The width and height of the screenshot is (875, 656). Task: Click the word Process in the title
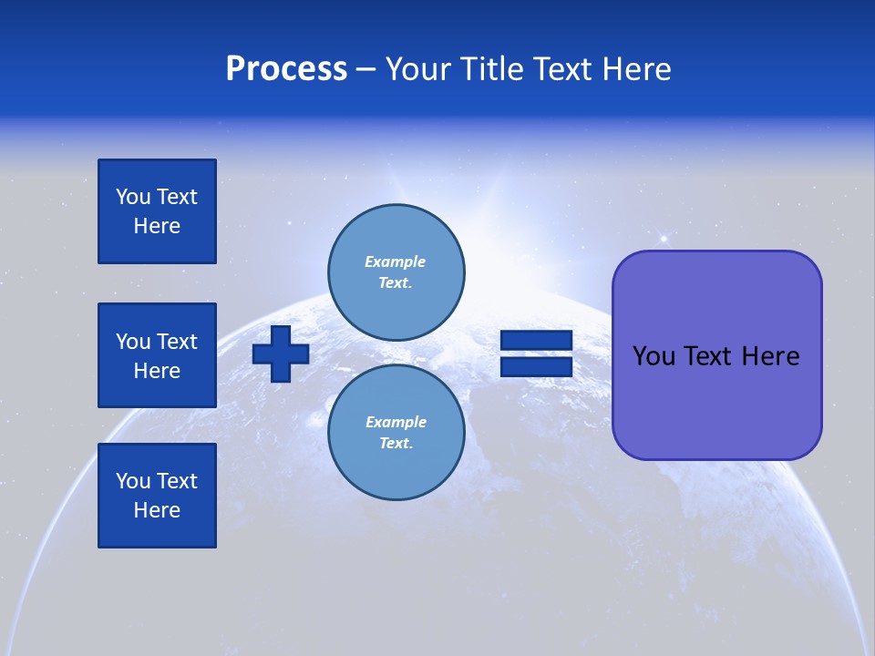pos(286,69)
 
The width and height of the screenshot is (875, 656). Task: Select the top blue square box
pos(157,211)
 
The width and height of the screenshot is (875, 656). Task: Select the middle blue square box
pos(157,355)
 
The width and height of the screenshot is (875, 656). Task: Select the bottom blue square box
pos(157,496)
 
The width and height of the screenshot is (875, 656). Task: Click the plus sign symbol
pos(281,354)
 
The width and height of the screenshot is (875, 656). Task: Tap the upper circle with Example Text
pos(396,272)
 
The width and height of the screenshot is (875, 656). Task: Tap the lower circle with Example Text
pos(396,432)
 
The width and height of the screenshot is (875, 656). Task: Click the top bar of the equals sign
pos(536,341)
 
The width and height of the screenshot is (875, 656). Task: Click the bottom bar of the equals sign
pos(536,366)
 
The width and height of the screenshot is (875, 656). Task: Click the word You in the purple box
pos(654,356)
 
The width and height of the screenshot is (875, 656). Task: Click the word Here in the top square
pos(157,226)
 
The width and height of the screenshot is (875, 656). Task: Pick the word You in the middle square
pos(133,342)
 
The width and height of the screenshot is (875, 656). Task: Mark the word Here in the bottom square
pos(157,510)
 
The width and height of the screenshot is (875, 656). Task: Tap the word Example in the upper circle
pos(396,261)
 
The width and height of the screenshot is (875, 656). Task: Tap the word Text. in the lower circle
pos(396,444)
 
